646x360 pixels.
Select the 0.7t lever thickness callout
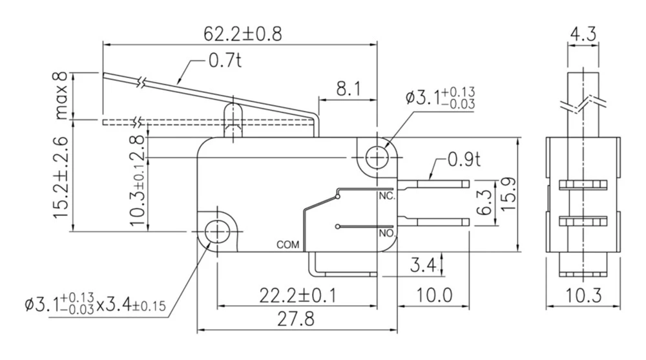pos(224,62)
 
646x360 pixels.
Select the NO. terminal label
pos(386,232)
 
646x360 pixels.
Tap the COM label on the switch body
pos(287,245)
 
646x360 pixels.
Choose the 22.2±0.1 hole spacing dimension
pos(298,295)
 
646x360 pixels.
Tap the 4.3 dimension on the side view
pos(584,33)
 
